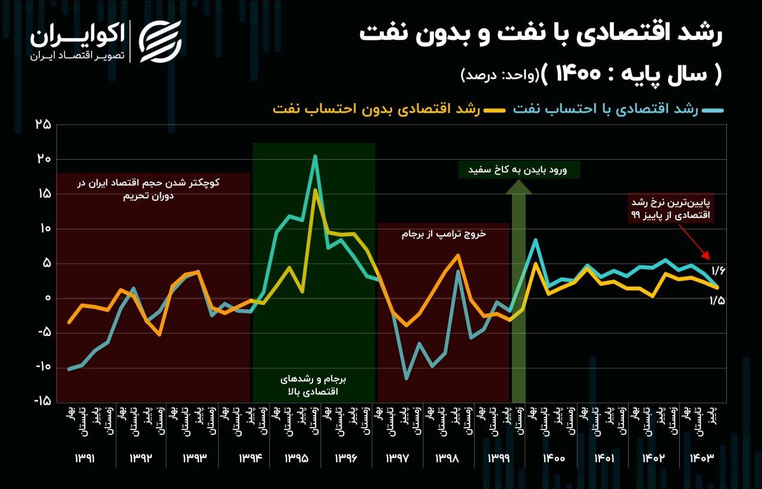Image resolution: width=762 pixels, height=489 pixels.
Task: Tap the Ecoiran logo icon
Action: coord(160,41)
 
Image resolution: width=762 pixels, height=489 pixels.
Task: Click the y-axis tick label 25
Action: coord(43,124)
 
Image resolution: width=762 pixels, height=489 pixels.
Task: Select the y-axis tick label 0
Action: coord(47,298)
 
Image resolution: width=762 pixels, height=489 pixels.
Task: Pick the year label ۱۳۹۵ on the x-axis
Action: coord(296,459)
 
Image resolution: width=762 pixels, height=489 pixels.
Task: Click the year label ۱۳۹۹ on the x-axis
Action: coord(499,459)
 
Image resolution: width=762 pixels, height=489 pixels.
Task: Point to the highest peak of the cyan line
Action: coord(315,156)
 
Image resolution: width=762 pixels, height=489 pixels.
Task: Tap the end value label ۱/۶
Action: coord(717,272)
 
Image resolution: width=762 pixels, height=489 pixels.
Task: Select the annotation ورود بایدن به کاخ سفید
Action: coord(519,170)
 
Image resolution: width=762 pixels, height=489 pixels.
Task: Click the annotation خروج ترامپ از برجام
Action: coord(444,234)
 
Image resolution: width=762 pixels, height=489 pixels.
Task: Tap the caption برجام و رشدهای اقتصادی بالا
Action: coord(313,385)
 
